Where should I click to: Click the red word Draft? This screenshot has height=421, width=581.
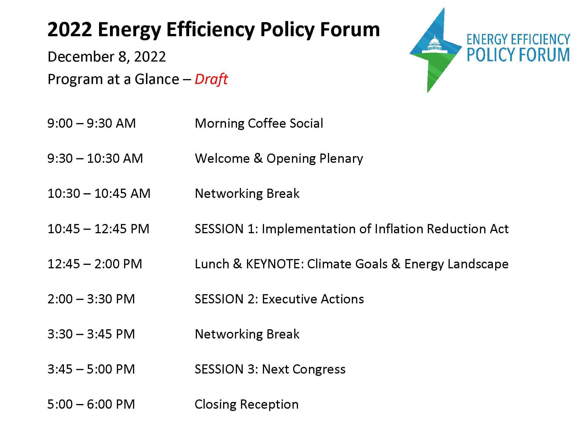coord(211,79)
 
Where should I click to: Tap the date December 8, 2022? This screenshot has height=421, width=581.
coord(107,57)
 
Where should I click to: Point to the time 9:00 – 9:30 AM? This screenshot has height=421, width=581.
coord(92,123)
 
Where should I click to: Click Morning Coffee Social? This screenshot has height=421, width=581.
coord(259,123)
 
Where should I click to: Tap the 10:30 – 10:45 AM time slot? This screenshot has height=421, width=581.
coord(99,194)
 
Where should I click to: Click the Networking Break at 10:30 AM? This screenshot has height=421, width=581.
coord(247,194)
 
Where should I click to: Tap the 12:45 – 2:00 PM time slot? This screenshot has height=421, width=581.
coord(95,264)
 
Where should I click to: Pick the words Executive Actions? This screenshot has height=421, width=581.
coord(313,299)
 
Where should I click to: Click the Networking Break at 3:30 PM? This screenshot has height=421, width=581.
coord(247,334)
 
